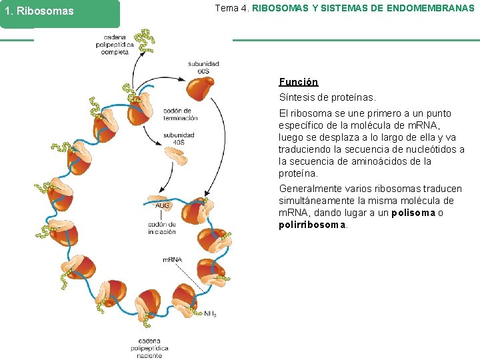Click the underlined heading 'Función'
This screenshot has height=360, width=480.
pos(298,82)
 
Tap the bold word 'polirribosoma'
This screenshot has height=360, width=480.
pos(313,225)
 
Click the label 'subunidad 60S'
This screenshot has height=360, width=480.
pos(203,67)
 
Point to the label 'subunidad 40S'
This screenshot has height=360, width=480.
pos(179,138)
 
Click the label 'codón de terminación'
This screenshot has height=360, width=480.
pos(180,114)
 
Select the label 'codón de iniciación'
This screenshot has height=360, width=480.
pos(162,228)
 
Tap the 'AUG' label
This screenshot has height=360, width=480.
pos(163,206)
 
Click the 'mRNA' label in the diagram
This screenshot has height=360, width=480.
pos(172,259)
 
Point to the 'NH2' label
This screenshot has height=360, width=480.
pos(210,313)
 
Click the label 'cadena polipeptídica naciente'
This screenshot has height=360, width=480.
pos(149,347)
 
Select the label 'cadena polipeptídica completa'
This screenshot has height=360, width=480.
pos(119,45)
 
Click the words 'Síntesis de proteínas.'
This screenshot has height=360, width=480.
pos(327,98)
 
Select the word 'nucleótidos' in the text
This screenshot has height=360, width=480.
pos(431,149)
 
